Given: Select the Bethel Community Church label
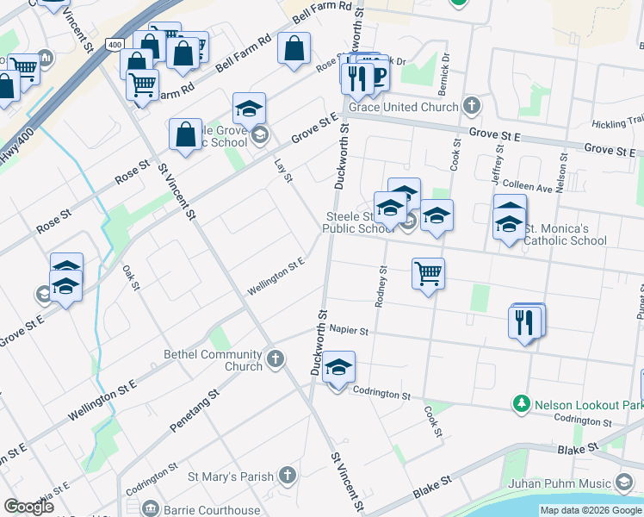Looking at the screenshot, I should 213,360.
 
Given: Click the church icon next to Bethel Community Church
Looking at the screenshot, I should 275,358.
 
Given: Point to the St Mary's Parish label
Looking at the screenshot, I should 230,476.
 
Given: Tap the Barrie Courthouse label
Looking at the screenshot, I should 211,510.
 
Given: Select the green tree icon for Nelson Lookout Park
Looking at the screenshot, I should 520,403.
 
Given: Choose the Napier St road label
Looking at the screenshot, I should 348,330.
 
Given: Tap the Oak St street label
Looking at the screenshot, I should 131,277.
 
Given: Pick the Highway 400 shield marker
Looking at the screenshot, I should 115,43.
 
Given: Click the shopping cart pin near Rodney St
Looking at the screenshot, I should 428,275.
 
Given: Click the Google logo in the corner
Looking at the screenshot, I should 28,507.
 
